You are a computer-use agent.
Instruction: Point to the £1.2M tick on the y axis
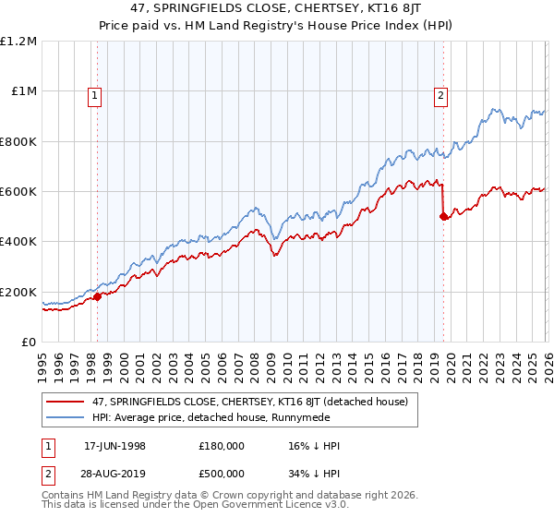coord(18,42)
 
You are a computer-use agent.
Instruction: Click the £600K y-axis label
coord(18,192)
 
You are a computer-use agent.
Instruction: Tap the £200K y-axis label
coord(18,292)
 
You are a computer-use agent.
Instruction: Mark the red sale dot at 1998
coord(98,296)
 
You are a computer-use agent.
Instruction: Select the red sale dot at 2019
coord(443,217)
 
